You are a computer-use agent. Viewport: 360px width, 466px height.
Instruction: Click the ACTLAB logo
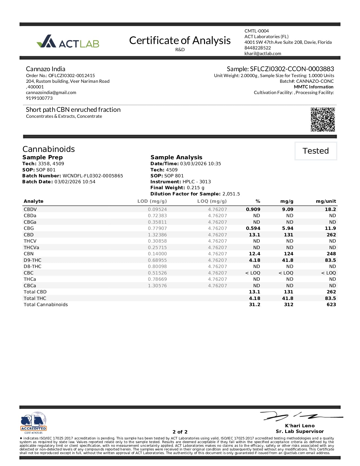pyautogui.click(x=68, y=42)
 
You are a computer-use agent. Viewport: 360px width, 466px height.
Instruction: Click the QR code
pyautogui.click(x=323, y=119)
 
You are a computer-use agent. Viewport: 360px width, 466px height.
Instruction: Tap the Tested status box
pyautogui.click(x=316, y=151)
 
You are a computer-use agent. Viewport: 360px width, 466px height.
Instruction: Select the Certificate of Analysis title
pyautogui.click(x=180, y=40)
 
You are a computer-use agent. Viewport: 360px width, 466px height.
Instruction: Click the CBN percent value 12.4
pyautogui.click(x=254, y=254)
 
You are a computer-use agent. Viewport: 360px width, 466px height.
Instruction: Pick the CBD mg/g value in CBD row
pyautogui.click(x=288, y=235)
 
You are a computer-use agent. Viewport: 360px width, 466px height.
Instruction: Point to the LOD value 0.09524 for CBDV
pyautogui.click(x=157, y=210)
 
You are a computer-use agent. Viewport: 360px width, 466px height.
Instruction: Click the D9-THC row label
pyautogui.click(x=32, y=260)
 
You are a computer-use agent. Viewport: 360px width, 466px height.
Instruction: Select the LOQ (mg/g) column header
pyautogui.click(x=212, y=201)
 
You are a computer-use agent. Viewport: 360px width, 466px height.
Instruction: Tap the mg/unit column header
pyautogui.click(x=326, y=201)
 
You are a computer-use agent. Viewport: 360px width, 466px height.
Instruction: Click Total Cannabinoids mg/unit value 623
pyautogui.click(x=331, y=305)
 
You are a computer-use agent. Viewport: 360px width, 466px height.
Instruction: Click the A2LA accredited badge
pyautogui.click(x=34, y=423)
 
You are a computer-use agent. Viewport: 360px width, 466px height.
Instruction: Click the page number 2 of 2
pyautogui.click(x=180, y=432)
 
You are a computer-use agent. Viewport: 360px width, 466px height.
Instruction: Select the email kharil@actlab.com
pyautogui.click(x=263, y=53)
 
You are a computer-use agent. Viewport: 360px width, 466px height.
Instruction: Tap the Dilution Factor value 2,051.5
pyautogui.click(x=231, y=194)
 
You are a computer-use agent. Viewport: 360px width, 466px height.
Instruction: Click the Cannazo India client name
pyautogui.click(x=45, y=69)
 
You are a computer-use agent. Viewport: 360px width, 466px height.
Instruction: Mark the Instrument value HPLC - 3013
pyautogui.click(x=197, y=182)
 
